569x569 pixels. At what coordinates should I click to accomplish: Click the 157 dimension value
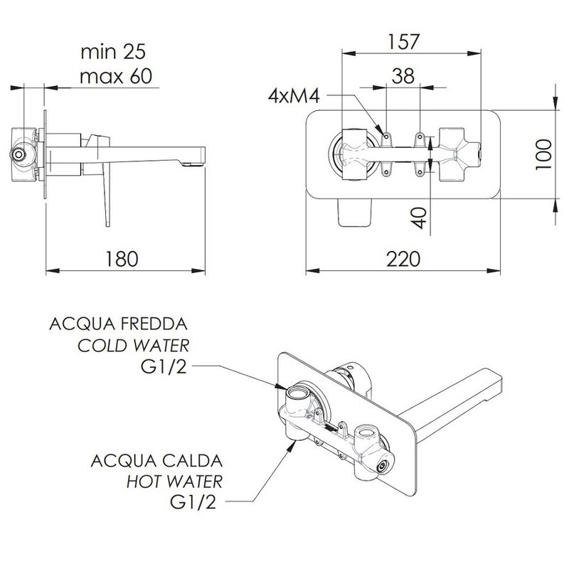click(x=403, y=42)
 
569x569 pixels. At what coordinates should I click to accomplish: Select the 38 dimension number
click(x=403, y=76)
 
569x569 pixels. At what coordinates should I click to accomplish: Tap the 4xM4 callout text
click(x=294, y=97)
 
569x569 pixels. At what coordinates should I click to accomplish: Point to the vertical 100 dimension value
click(x=544, y=154)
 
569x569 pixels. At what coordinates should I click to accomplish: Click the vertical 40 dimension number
click(x=420, y=218)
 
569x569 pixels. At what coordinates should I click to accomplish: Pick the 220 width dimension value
click(x=403, y=259)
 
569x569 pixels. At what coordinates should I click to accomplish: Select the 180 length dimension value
click(x=122, y=259)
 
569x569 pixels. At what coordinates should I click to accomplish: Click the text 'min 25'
click(x=113, y=52)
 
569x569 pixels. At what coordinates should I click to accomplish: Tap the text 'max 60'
click(x=116, y=77)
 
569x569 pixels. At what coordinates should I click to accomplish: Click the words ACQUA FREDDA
click(x=118, y=324)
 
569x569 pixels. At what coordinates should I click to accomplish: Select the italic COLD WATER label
click(x=133, y=346)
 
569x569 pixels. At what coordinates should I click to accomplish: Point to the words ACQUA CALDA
click(x=156, y=461)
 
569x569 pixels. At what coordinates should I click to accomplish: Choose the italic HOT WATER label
click(x=174, y=482)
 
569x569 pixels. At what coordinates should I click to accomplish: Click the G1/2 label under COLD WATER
click(x=164, y=367)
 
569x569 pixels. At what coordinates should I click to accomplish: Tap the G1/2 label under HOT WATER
click(x=193, y=502)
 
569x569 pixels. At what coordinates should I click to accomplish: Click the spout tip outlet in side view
click(x=192, y=164)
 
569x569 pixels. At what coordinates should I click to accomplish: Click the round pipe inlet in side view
click(x=17, y=154)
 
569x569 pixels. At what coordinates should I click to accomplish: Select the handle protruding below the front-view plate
click(x=355, y=212)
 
